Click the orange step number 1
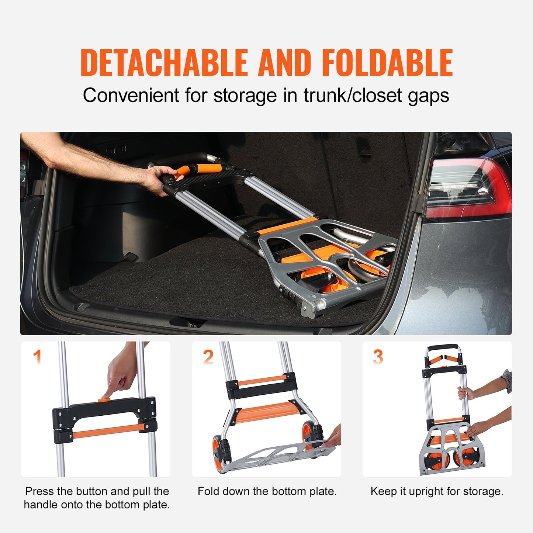coord(37,357)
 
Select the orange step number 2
coord(208,357)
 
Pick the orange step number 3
coord(378,357)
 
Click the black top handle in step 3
coord(443,347)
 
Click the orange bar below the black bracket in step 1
coord(107,431)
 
